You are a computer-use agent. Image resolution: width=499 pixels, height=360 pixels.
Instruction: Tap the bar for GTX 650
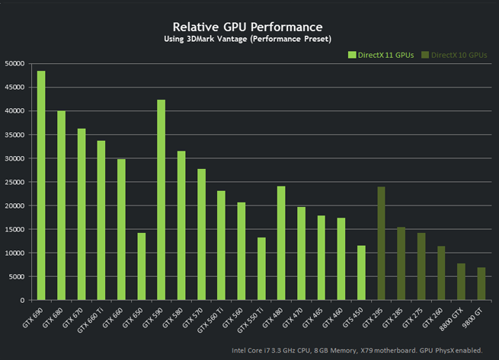[x=141, y=266]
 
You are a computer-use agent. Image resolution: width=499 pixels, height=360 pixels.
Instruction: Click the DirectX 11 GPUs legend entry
[x=381, y=55]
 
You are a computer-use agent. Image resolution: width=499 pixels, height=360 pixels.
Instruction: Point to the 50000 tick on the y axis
[x=15, y=63]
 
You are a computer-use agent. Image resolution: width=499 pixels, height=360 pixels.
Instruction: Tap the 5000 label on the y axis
[x=18, y=277]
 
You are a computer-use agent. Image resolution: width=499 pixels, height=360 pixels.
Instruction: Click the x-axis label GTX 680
[x=53, y=316]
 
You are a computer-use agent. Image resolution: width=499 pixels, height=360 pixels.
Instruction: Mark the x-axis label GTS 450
[x=354, y=316]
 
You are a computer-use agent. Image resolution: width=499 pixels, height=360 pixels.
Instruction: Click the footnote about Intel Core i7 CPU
[x=356, y=351]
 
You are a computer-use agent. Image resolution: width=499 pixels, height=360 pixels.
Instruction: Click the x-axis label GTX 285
[x=394, y=316]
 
